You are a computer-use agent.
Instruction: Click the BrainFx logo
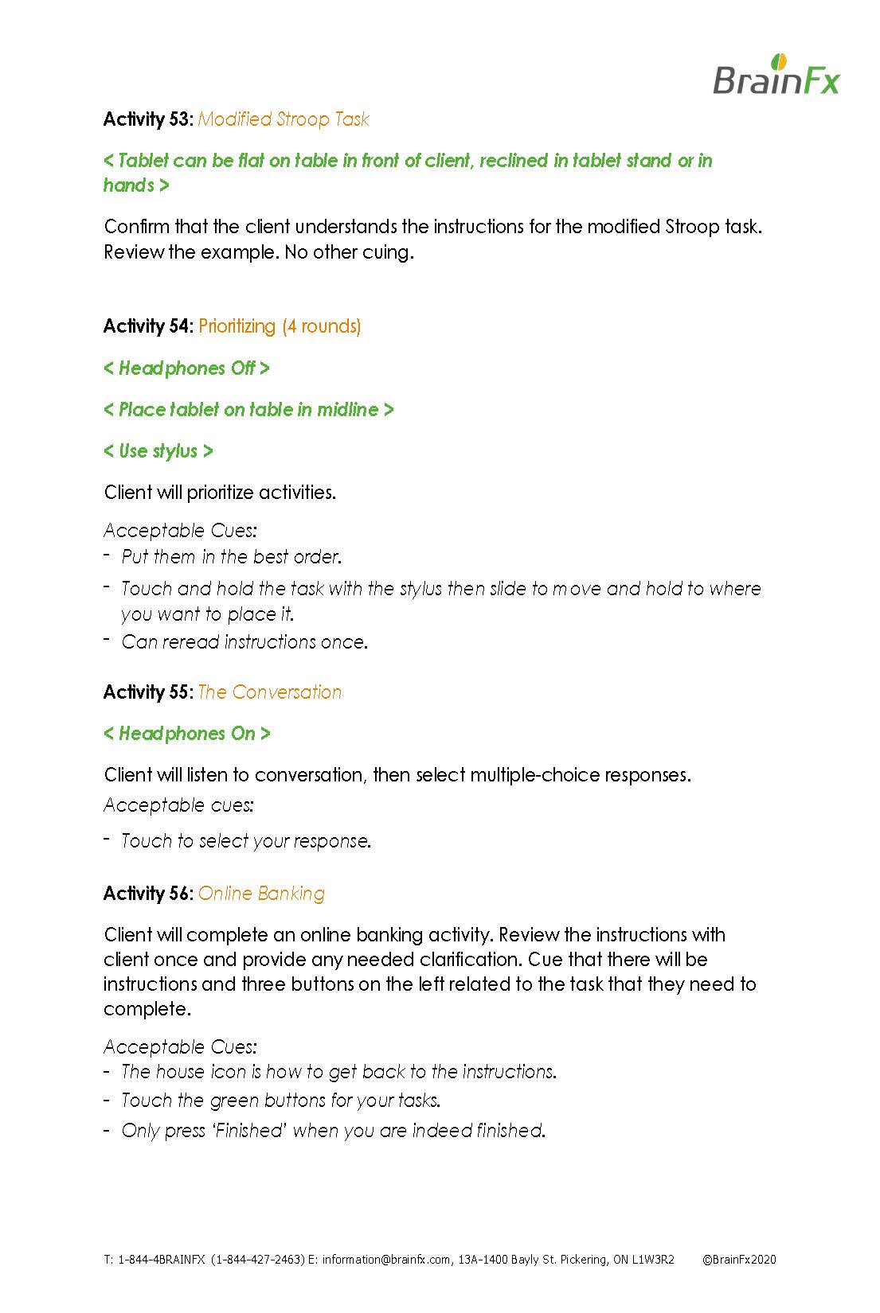tap(776, 76)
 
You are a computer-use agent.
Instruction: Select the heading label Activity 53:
tap(147, 119)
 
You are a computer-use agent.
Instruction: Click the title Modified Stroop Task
tap(284, 119)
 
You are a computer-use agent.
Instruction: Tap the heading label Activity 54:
tap(147, 326)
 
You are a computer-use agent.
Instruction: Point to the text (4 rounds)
tap(321, 326)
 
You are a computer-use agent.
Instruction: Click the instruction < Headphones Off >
tap(186, 368)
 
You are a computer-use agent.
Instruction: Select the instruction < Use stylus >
tap(158, 451)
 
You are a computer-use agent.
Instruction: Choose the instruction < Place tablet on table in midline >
tap(248, 410)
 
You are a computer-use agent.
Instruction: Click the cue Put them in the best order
tap(231, 557)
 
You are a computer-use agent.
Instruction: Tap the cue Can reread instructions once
tap(244, 642)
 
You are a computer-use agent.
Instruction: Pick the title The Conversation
tap(270, 692)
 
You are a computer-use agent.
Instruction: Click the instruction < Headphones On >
tap(187, 734)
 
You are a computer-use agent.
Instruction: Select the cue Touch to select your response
tap(246, 841)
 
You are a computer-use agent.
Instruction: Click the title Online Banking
tap(261, 894)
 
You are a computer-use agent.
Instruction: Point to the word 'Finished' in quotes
tap(248, 1131)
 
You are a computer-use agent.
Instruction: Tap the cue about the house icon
tap(338, 1072)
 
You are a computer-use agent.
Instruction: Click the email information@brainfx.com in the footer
tap(387, 1260)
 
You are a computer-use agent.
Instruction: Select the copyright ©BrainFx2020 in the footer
tap(739, 1260)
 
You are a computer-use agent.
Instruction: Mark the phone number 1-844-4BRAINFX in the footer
tap(162, 1260)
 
